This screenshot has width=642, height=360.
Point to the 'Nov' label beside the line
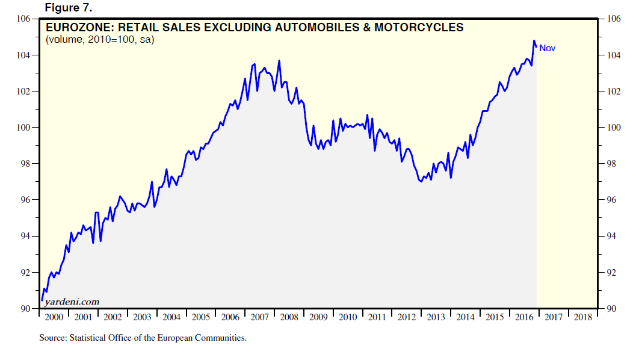click(x=547, y=48)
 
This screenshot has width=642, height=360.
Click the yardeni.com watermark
click(x=72, y=302)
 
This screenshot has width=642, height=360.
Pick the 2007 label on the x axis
click(x=259, y=317)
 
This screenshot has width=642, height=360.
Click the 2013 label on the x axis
click(x=436, y=317)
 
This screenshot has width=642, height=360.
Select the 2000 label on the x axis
click(x=54, y=317)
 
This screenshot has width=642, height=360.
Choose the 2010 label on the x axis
click(x=347, y=317)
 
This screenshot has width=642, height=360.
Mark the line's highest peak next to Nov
click(x=534, y=41)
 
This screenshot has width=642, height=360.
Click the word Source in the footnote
click(x=51, y=338)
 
